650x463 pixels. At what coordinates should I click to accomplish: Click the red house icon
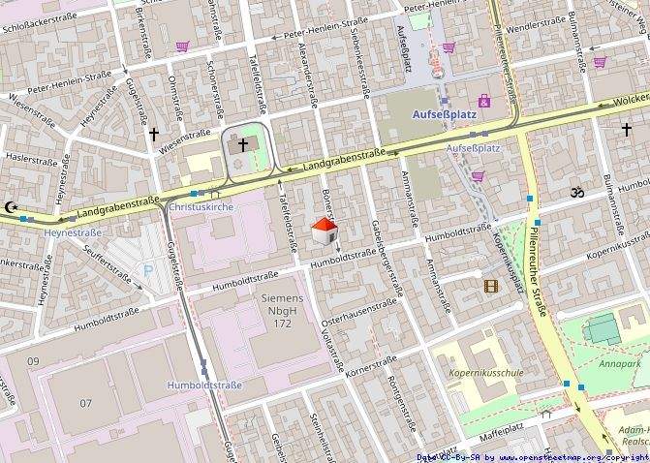(325, 231)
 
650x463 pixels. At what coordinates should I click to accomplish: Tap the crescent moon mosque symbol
(11, 207)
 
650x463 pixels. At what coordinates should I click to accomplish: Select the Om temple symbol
(578, 192)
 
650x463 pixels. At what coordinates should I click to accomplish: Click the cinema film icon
(492, 285)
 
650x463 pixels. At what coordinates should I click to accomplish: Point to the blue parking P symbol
(147, 272)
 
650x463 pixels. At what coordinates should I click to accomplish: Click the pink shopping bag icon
(484, 101)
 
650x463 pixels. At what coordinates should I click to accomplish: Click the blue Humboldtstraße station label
(204, 385)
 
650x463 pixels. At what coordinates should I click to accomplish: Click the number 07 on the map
(86, 402)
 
